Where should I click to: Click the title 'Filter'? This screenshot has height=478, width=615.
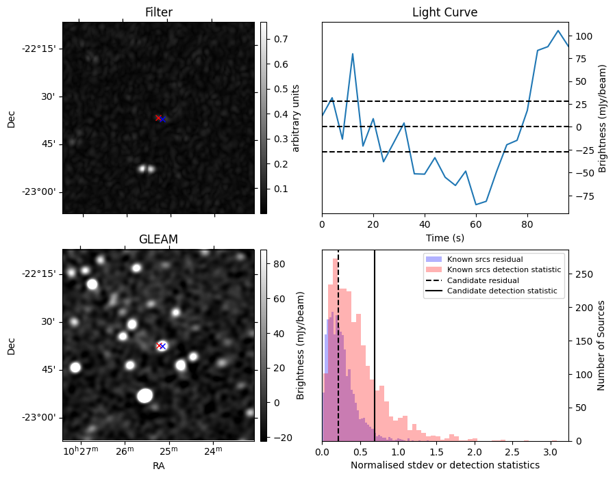158,12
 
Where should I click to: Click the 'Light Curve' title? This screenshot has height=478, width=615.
444,12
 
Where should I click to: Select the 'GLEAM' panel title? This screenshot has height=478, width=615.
158,239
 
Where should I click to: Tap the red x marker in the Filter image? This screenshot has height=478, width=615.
158,118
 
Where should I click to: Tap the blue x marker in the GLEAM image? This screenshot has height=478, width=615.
163,346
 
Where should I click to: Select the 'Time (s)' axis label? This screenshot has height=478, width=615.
444,237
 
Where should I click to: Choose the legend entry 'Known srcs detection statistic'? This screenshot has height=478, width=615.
503,269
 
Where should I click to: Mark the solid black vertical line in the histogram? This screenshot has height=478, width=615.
375,342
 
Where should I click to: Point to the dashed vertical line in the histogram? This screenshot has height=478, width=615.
338,342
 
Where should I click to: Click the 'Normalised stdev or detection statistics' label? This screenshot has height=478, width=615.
444,465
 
